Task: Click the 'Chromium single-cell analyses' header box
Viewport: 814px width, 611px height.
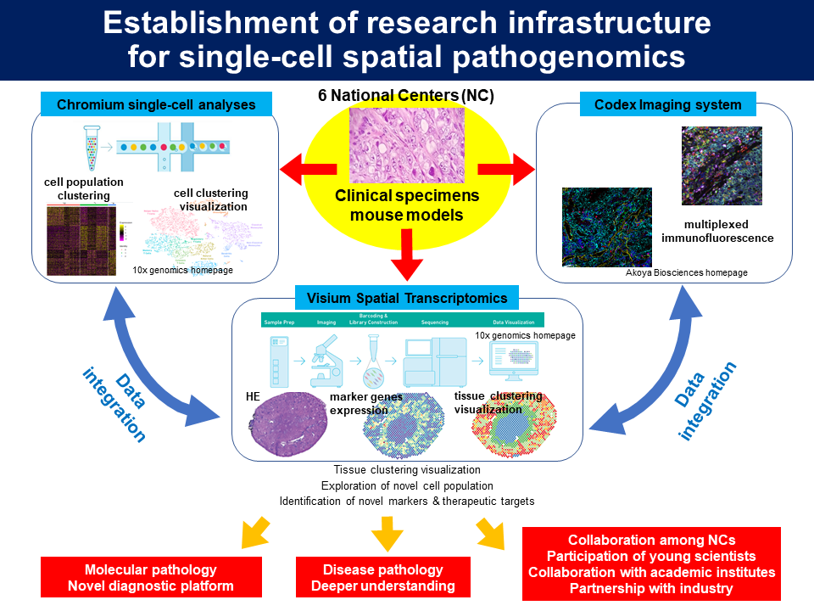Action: pos(156,105)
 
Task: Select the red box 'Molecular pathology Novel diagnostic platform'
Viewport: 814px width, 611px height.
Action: pos(151,577)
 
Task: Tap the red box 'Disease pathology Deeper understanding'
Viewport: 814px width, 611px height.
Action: pos(382,577)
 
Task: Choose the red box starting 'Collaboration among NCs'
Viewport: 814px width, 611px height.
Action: pos(651,563)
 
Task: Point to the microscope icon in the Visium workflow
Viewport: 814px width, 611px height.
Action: pos(326,362)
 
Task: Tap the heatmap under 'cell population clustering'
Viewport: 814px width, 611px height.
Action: pos(79,239)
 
